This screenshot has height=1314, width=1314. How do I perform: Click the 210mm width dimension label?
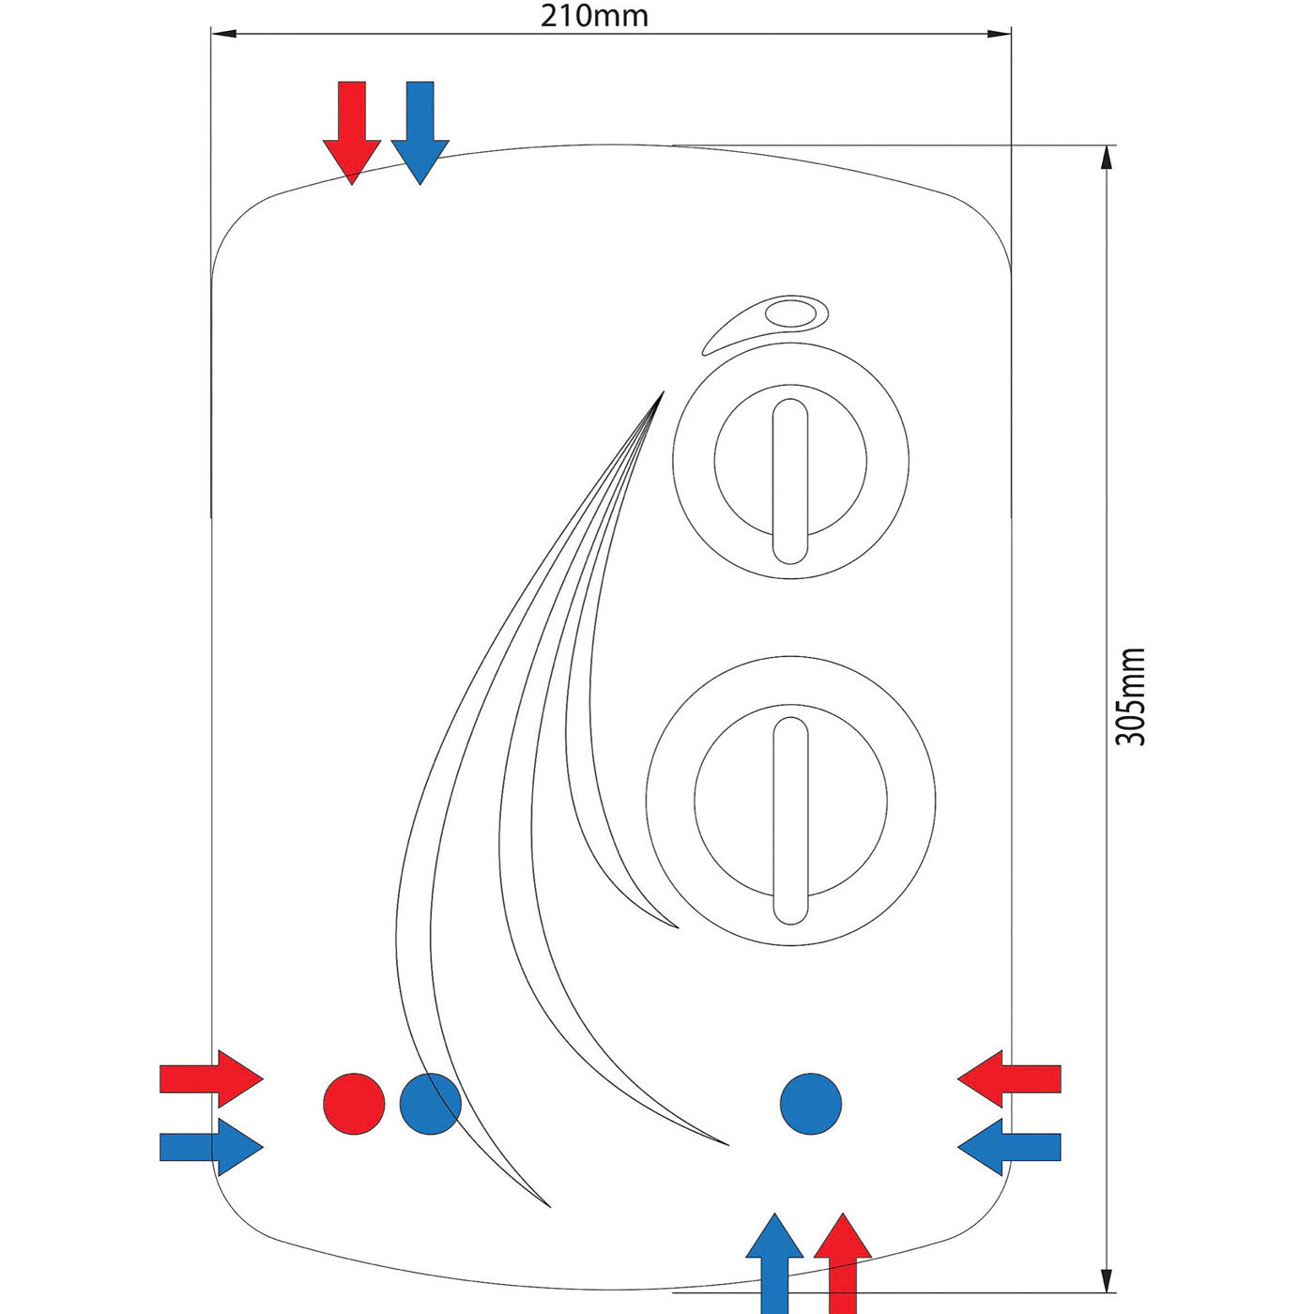pyautogui.click(x=594, y=15)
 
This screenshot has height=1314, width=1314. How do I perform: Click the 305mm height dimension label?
pyautogui.click(x=1131, y=695)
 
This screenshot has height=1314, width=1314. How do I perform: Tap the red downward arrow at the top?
pyautogui.click(x=352, y=131)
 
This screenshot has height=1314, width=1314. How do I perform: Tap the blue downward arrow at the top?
pyautogui.click(x=420, y=131)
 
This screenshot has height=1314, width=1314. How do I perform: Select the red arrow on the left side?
pyautogui.click(x=211, y=1079)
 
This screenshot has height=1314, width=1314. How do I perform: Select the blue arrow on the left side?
pyautogui.click(x=211, y=1146)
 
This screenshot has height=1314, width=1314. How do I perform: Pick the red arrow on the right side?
pyautogui.click(x=1009, y=1079)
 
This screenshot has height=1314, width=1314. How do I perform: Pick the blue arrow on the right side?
pyautogui.click(x=1009, y=1146)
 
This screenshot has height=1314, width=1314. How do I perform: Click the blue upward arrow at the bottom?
pyautogui.click(x=774, y=1262)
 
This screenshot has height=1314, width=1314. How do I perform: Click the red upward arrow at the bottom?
pyautogui.click(x=843, y=1262)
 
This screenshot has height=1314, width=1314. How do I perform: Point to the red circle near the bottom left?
pyautogui.click(x=354, y=1104)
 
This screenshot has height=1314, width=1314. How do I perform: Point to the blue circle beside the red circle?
pyautogui.click(x=430, y=1104)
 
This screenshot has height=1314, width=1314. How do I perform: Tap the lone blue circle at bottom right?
pyautogui.click(x=810, y=1104)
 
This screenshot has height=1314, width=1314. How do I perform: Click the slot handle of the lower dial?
pyautogui.click(x=789, y=820)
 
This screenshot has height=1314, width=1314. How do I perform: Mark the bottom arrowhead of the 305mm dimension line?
pyautogui.click(x=1108, y=1280)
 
